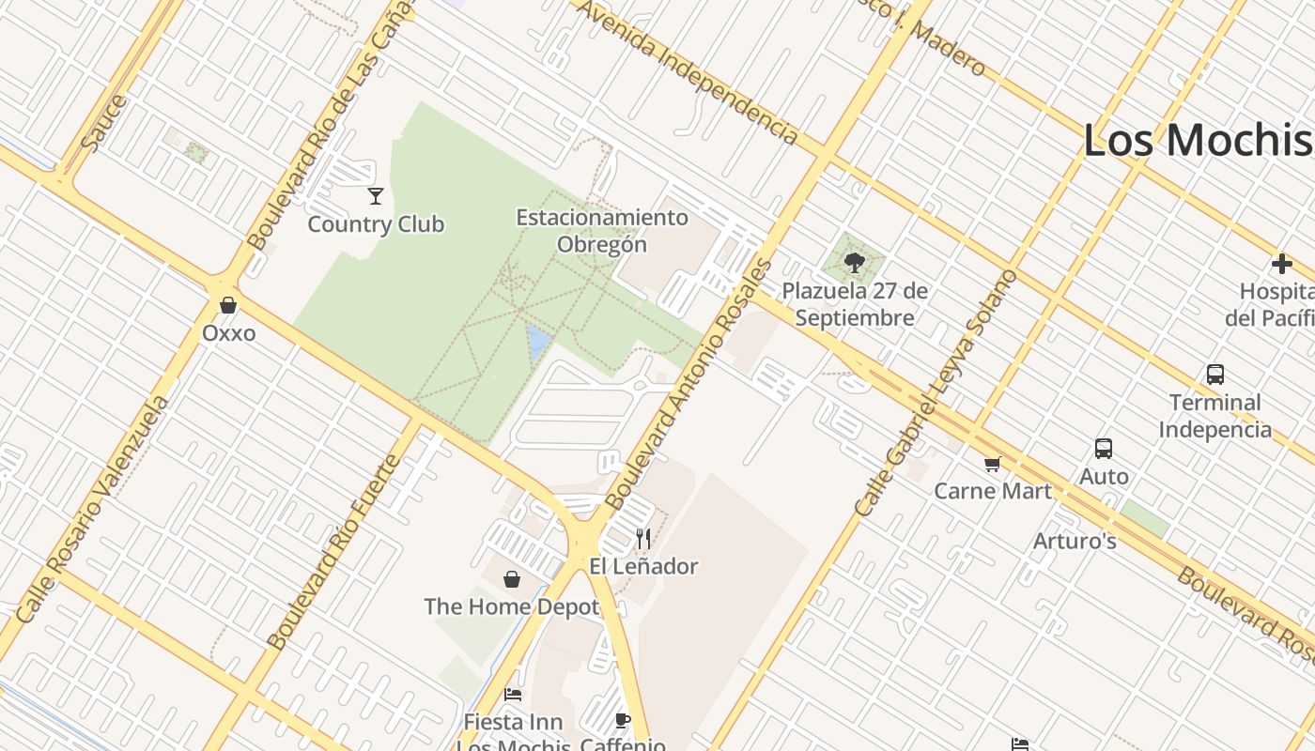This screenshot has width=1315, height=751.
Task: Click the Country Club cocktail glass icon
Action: [376, 195]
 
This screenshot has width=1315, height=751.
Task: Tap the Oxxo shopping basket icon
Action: [227, 305]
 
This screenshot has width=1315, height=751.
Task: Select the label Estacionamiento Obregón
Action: [602, 231]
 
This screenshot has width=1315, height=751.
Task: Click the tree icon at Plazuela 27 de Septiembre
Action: [854, 262]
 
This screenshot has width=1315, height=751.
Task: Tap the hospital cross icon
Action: [1282, 264]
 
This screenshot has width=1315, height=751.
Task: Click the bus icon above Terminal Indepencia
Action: [1214, 375]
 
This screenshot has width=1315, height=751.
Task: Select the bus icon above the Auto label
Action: [1104, 449]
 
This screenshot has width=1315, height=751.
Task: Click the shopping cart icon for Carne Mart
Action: [992, 464]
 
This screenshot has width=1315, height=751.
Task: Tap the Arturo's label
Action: [1075, 541]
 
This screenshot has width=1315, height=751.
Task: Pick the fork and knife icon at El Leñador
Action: [643, 538]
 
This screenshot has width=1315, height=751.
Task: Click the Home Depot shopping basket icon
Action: [512, 579]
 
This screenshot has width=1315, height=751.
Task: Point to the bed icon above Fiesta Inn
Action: [513, 695]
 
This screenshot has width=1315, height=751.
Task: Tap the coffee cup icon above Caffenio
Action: [621, 720]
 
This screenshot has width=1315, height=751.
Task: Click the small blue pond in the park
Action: [538, 343]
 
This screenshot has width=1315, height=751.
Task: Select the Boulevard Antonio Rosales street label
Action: [690, 385]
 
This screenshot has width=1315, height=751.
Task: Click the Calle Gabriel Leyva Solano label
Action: [936, 393]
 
